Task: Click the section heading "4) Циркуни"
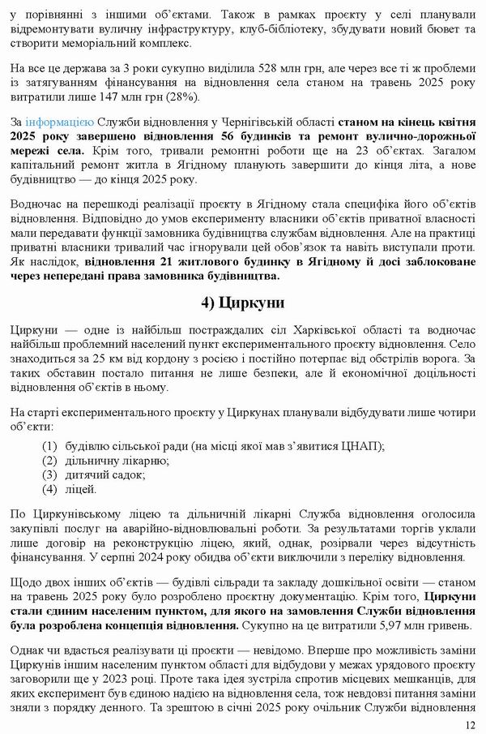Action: [242, 304]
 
